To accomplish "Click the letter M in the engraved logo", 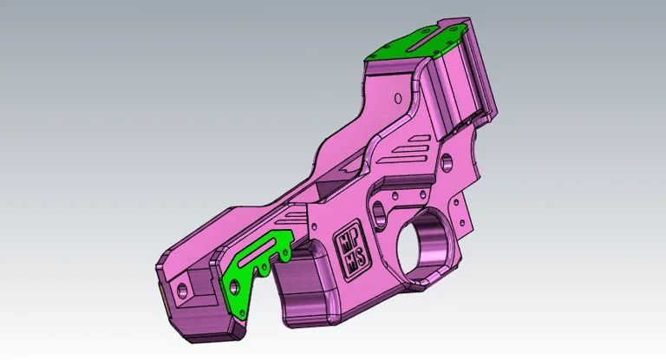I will pyautogui.click(x=344, y=240).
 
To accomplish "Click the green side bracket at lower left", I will pyautogui.click(x=246, y=274).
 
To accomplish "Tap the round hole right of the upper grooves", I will pyautogui.click(x=447, y=161).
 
